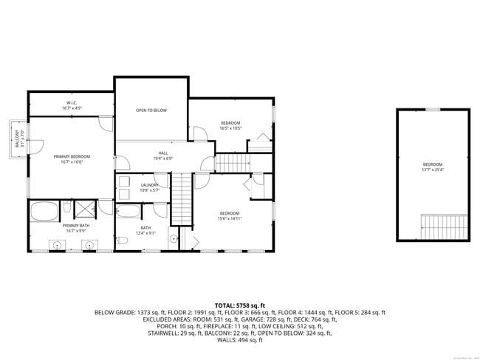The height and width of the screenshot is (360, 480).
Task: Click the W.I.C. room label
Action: pyautogui.click(x=72, y=105)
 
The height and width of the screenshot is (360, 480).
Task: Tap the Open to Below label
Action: pyautogui.click(x=151, y=111)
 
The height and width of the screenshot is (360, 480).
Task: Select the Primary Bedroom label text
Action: pyautogui.click(x=72, y=159)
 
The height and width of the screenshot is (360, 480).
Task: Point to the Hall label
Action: pyautogui.click(x=162, y=156)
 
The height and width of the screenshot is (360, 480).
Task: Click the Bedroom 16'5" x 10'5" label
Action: pyautogui.click(x=231, y=125)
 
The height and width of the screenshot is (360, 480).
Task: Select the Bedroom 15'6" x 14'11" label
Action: pyautogui.click(x=230, y=215)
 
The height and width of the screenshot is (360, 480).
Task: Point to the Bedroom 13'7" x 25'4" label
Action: pyautogui.click(x=433, y=167)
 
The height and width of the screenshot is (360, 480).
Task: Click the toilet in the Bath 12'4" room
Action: pyautogui.click(x=173, y=238)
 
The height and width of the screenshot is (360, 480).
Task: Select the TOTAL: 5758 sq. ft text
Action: pyautogui.click(x=239, y=305)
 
